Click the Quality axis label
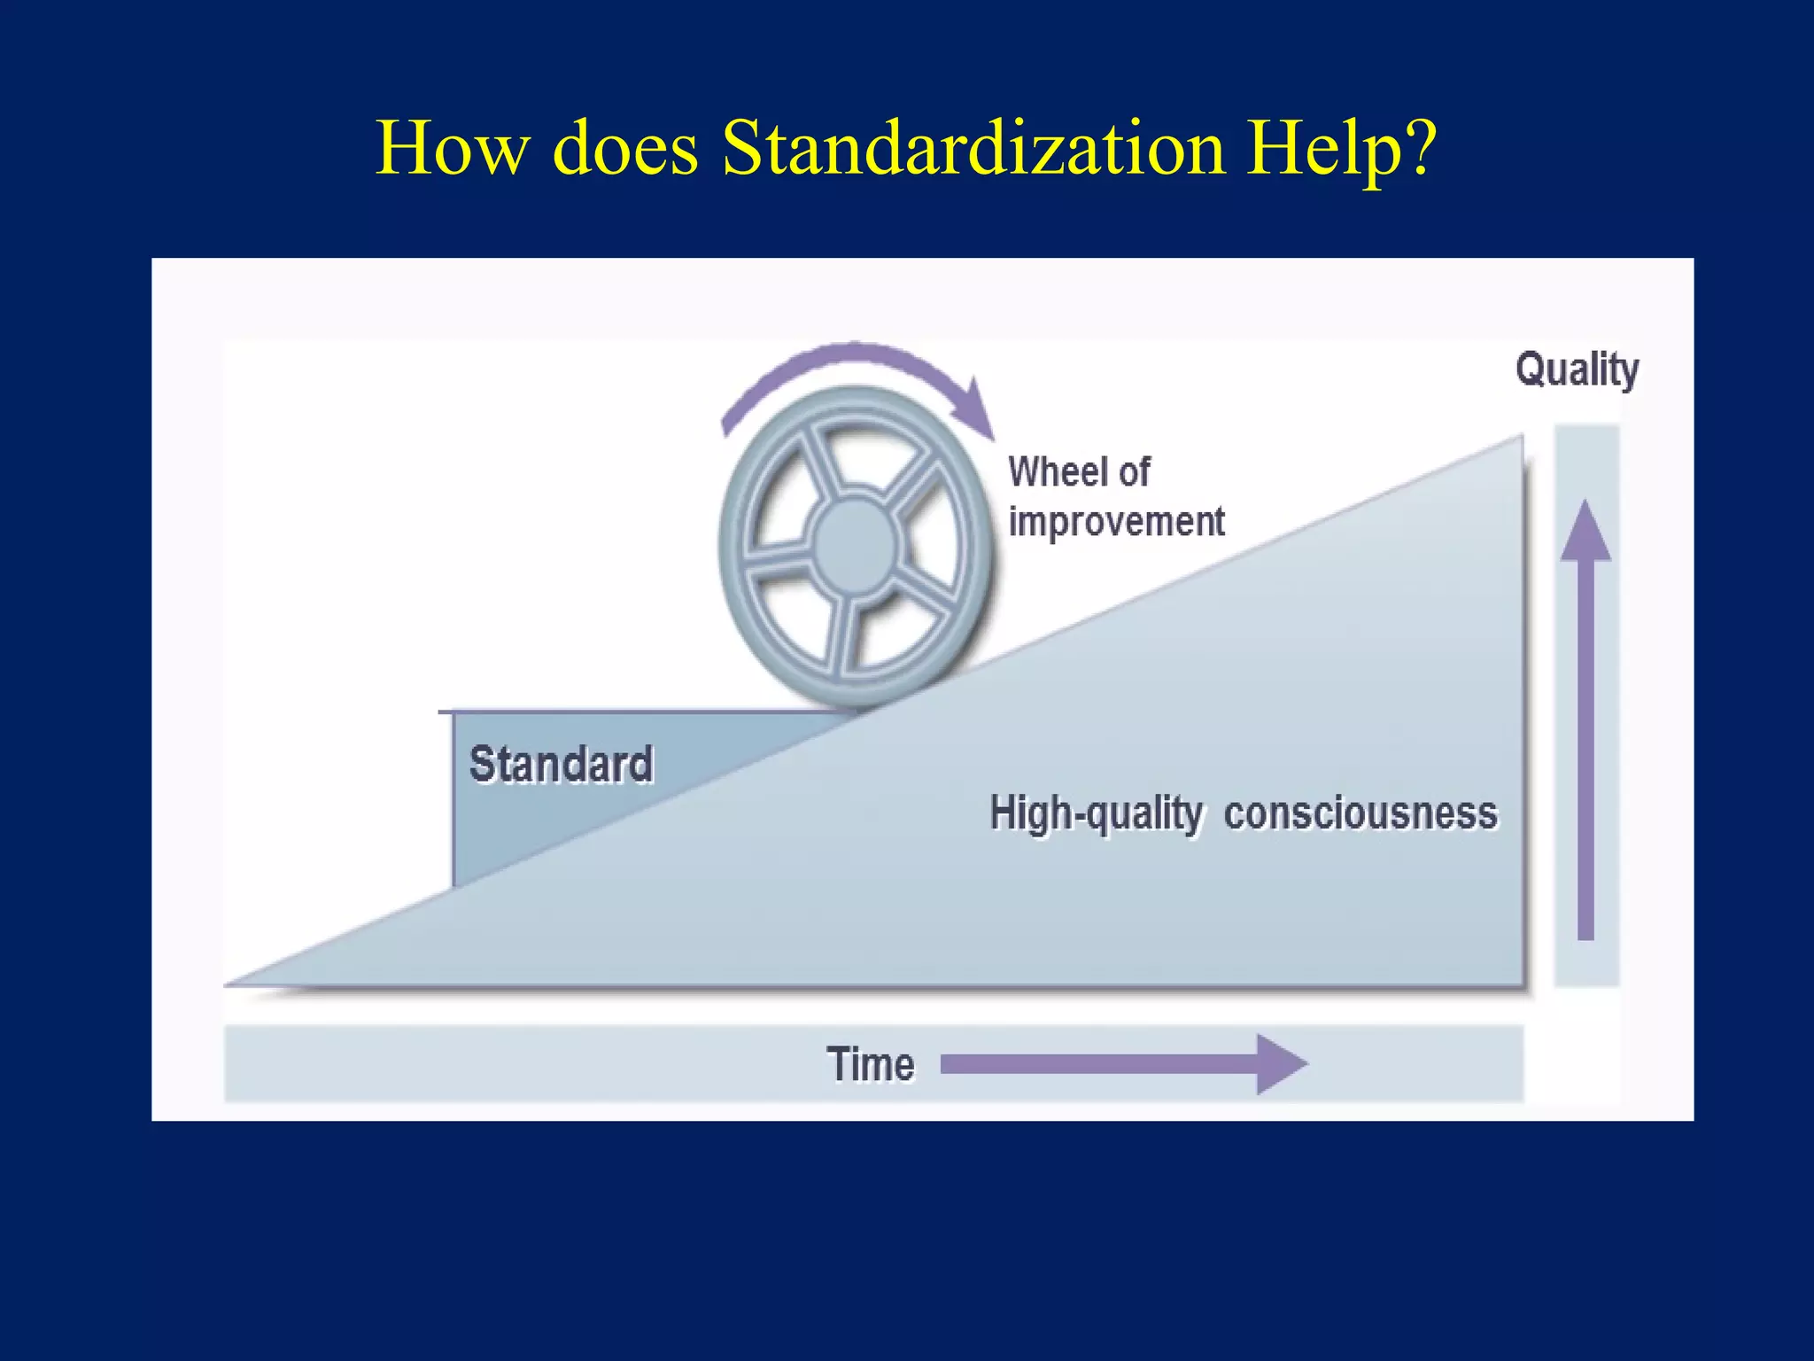tap(1577, 369)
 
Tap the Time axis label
tap(870, 1064)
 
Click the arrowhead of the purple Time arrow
tap(1282, 1064)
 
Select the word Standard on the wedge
tap(561, 764)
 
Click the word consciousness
tap(1360, 813)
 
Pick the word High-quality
tap(1096, 813)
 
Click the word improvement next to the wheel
tap(1116, 521)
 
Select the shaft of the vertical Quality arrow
tap(1585, 753)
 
